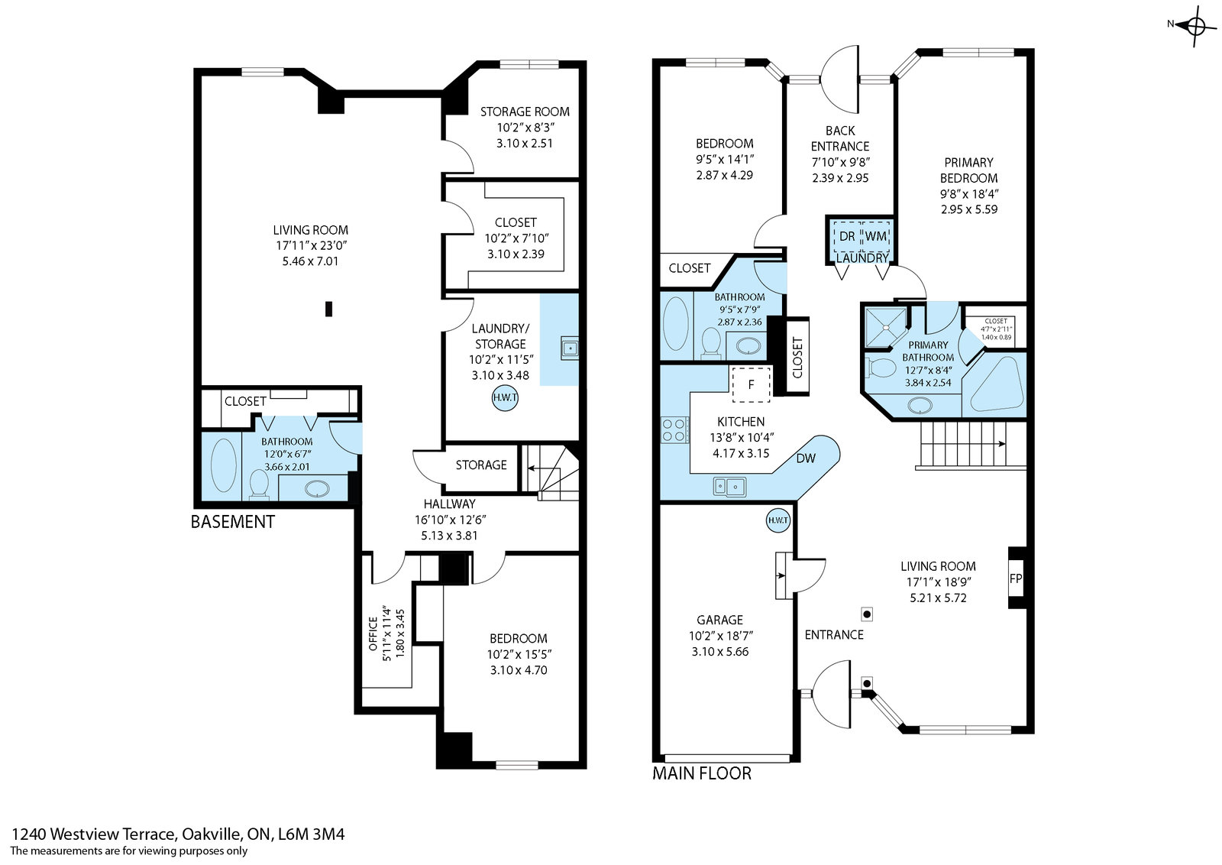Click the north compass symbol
pos(1195,25)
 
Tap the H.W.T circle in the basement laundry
pos(505,398)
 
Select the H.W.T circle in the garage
pos(778,520)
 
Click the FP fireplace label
pos(1015,578)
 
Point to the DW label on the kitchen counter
pos(805,458)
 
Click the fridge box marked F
pos(751,384)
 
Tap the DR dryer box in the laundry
pos(847,236)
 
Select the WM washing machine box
pos(876,236)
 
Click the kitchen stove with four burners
pos(674,429)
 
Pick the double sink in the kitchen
pos(729,486)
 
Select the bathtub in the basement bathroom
pos(223,465)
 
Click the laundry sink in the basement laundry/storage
pos(570,348)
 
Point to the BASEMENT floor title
pos(232,522)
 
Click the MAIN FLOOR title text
pos(702,773)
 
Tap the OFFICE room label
pos(373,633)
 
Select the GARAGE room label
pos(719,620)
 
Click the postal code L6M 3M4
pos(311,834)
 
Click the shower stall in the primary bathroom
pos(886,327)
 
